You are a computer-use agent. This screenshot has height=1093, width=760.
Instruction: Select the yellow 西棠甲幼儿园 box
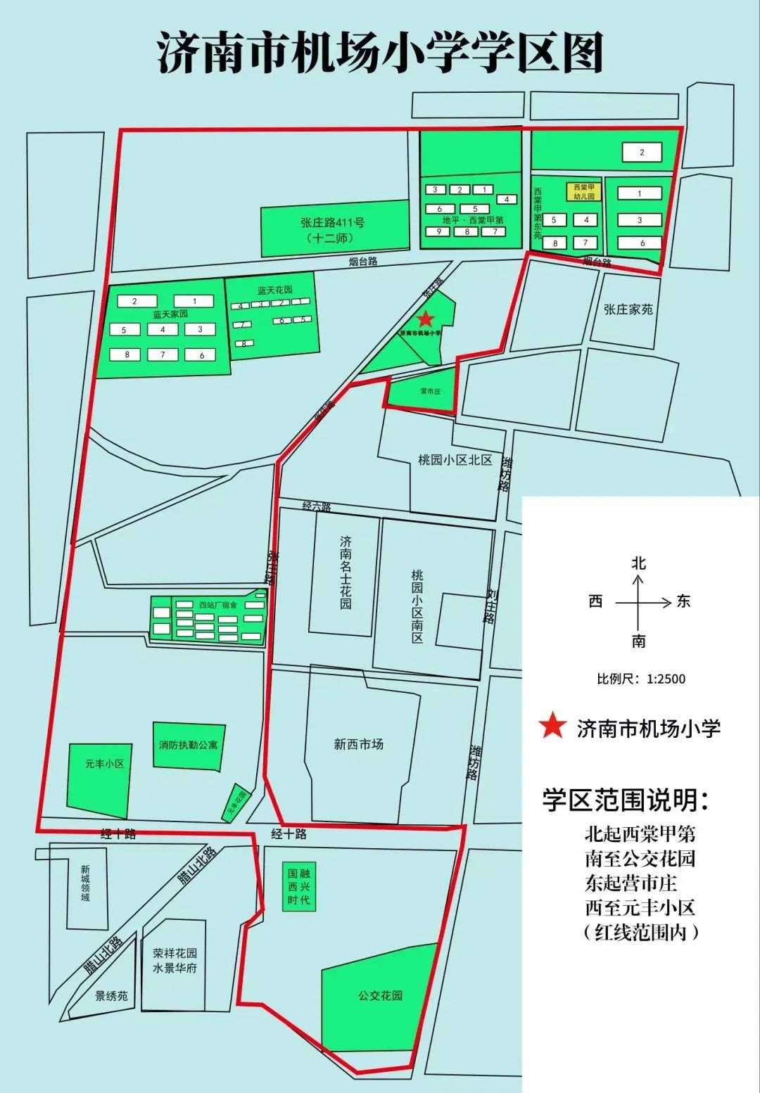pos(584,191)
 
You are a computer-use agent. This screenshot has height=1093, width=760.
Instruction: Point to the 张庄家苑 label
pos(628,309)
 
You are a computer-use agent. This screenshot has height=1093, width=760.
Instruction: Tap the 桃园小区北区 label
pos(455,460)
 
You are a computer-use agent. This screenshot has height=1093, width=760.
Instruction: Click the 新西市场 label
pos(358,744)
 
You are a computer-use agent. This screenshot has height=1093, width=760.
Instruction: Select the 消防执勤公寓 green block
pos(189,745)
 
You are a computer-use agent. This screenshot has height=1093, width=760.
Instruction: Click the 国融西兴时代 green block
pos(298,887)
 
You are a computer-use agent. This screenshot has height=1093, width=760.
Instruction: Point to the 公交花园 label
pos(379,995)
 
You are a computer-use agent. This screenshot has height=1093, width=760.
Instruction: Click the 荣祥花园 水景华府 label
pos(175,961)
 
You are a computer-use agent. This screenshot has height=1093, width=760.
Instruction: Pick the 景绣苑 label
pos(112,996)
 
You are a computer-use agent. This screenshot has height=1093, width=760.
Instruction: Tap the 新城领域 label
pos(85,883)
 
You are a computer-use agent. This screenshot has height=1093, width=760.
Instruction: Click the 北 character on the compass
pos(638,563)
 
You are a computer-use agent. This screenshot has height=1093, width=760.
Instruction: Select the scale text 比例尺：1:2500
pos(640,679)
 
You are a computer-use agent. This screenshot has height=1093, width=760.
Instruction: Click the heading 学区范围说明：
pos(626,799)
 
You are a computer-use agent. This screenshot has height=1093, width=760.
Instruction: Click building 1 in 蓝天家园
pos(194,301)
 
